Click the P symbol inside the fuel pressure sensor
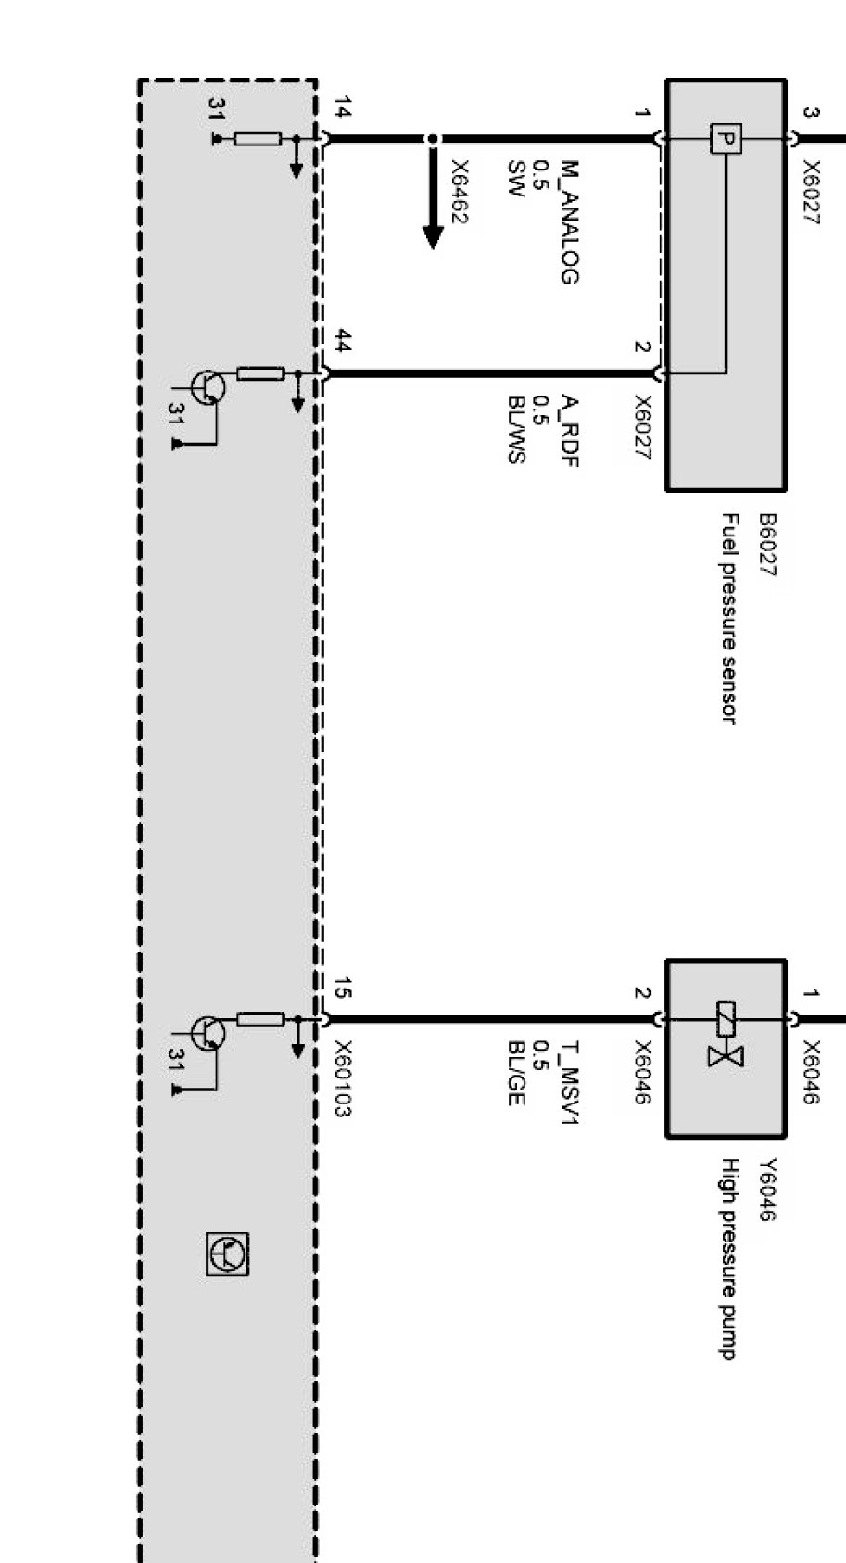click(726, 140)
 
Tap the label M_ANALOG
click(570, 222)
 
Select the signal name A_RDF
click(570, 431)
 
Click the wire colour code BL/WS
click(517, 430)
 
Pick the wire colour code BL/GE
click(517, 1074)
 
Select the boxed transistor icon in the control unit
click(227, 1254)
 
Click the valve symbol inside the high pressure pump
click(726, 1033)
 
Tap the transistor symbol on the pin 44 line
click(207, 386)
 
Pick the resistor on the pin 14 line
click(258, 140)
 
